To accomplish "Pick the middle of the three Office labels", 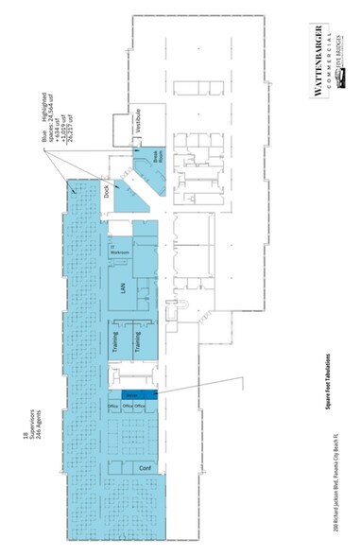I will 126,407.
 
